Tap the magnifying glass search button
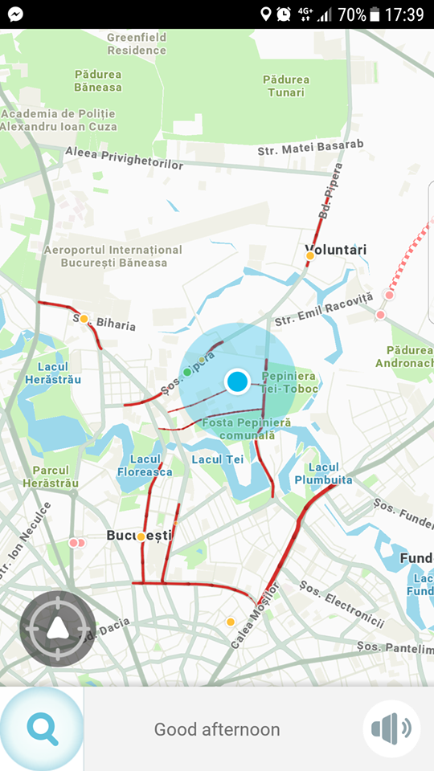(42, 728)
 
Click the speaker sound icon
(391, 728)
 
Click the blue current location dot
(237, 381)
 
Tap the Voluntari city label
(335, 250)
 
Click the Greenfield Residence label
(137, 43)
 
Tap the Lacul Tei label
(218, 459)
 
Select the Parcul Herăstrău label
(50, 476)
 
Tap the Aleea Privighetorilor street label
(125, 158)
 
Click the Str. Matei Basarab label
(310, 148)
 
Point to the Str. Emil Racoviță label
(324, 309)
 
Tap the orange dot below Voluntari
(309, 256)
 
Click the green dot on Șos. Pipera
(187, 372)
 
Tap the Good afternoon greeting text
(217, 729)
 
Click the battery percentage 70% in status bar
(352, 14)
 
